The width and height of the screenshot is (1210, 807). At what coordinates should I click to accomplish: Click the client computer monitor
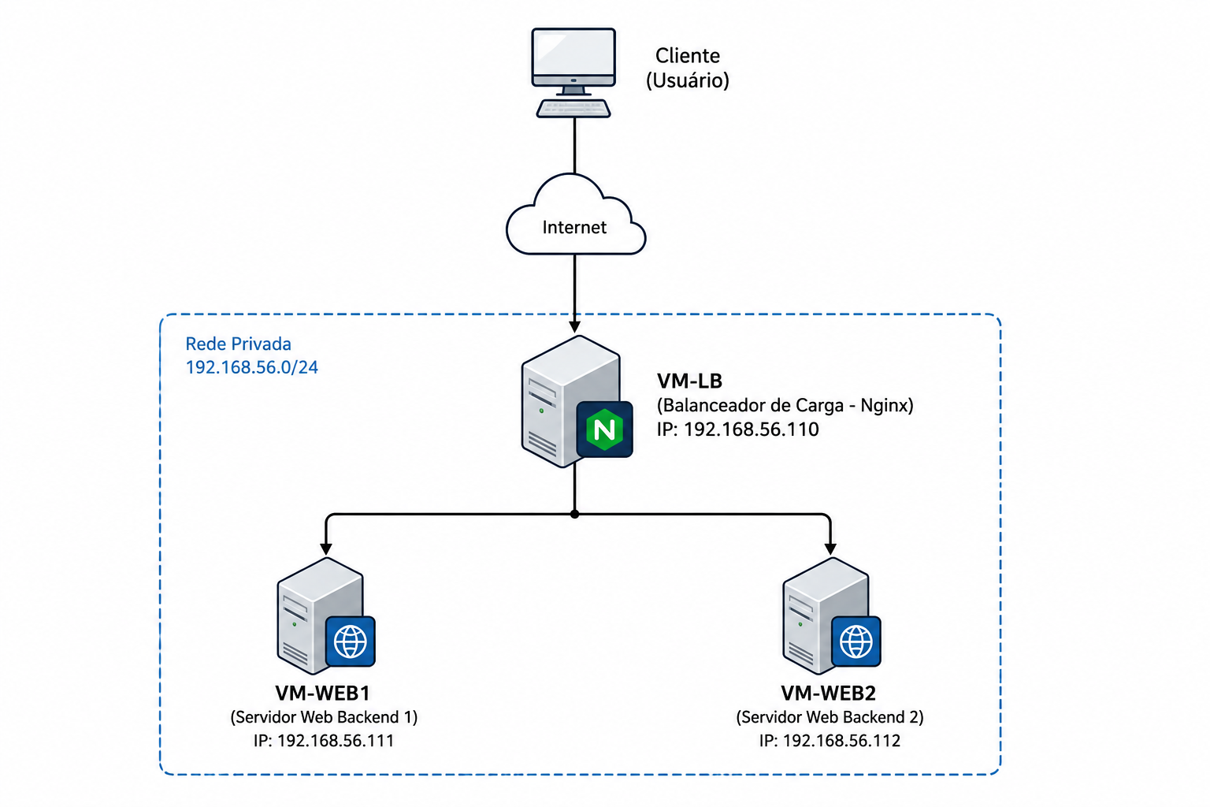click(x=573, y=61)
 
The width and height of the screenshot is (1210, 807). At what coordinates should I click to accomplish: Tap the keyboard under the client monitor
click(x=573, y=108)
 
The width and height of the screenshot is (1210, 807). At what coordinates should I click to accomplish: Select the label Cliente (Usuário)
click(x=688, y=68)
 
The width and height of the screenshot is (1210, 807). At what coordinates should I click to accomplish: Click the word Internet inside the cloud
click(x=574, y=227)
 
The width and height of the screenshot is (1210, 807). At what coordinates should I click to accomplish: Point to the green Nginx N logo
click(x=604, y=430)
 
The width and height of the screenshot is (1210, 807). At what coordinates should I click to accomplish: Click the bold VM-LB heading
click(x=690, y=381)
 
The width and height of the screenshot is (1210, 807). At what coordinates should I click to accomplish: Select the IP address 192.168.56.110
click(x=752, y=430)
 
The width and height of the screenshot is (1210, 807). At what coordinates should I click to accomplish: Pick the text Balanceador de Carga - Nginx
click(x=785, y=405)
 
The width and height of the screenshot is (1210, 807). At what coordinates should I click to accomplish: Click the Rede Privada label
click(x=238, y=344)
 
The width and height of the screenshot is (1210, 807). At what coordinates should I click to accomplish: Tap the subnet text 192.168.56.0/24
click(x=252, y=367)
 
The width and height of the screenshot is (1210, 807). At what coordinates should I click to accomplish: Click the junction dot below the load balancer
click(x=575, y=514)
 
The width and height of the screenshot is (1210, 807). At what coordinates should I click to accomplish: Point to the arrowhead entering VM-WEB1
click(x=325, y=549)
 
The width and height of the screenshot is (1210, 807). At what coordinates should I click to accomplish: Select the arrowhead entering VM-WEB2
click(x=831, y=549)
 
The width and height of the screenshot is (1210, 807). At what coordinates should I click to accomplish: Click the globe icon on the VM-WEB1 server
click(x=351, y=642)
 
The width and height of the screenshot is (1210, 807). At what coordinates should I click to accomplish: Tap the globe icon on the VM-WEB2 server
click(x=856, y=642)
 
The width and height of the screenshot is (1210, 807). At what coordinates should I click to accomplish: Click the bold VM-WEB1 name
click(x=323, y=693)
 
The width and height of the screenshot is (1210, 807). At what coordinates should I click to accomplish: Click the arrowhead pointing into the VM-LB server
click(x=575, y=326)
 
